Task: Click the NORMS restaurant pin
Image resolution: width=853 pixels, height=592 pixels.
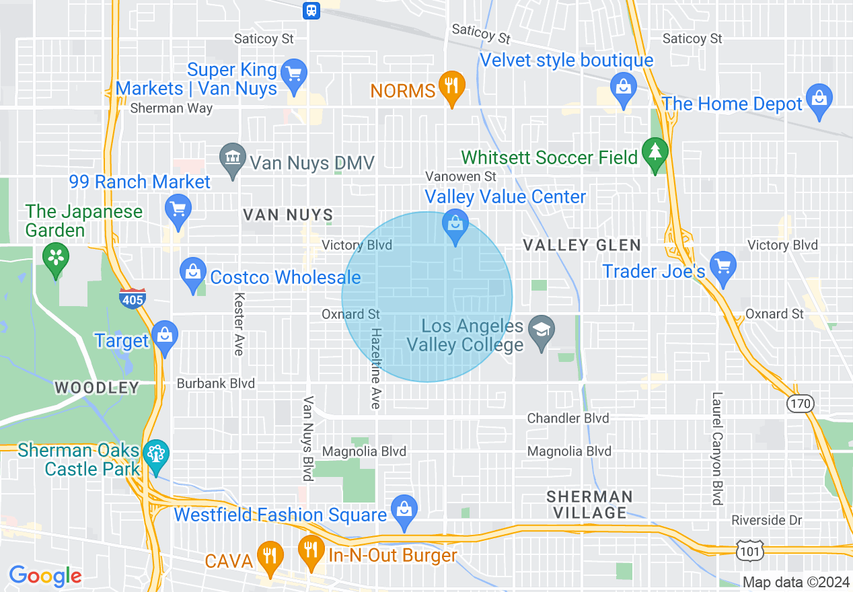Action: coord(451,87)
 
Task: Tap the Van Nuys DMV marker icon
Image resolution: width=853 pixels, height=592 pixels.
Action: coord(233,159)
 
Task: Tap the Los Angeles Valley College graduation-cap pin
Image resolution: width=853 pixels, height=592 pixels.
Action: coord(540,330)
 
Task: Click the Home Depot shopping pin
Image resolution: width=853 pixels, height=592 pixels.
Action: coord(819,99)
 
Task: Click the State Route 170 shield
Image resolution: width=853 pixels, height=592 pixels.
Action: coord(801,404)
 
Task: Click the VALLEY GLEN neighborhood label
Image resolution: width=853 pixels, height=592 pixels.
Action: coord(582,245)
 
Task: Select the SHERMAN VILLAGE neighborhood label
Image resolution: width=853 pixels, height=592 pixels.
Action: coord(589,505)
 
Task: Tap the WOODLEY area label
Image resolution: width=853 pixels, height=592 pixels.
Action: coord(97,387)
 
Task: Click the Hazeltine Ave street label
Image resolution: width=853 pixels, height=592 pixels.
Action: coord(376,368)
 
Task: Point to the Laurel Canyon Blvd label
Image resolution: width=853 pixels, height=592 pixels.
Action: coord(717,449)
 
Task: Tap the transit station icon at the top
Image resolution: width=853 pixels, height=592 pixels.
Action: coord(311,9)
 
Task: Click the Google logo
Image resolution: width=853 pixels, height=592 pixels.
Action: coord(45,576)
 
